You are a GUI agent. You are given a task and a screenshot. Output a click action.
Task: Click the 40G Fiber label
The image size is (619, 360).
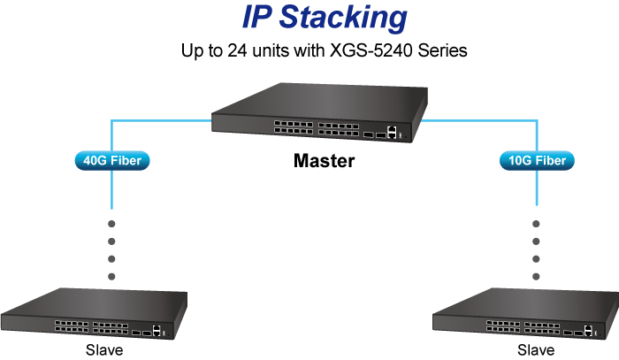tap(111, 161)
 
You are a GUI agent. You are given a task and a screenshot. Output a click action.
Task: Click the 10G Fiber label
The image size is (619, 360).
tap(538, 161)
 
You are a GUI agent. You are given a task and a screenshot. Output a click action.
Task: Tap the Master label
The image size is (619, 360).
tap(324, 162)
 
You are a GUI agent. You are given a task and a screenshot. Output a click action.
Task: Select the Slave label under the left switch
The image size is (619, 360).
tap(104, 350)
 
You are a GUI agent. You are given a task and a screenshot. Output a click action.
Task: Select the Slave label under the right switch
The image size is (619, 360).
tap(535, 350)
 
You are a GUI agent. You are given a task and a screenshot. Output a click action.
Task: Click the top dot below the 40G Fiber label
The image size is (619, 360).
tap(111, 223)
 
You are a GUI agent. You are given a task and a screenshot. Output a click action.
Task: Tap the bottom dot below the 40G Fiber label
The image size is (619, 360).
tap(111, 276)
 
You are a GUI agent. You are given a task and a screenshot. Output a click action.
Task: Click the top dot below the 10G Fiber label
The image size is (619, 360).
tap(536, 223)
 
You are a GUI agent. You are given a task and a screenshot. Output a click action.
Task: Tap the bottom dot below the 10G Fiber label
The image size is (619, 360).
tap(536, 276)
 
